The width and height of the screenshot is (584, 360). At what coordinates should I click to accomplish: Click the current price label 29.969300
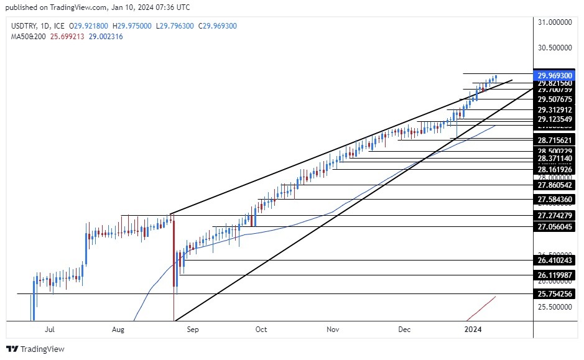click(555, 75)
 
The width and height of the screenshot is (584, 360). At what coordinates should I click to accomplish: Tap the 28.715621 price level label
click(555, 141)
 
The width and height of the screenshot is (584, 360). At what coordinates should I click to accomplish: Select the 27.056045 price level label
click(555, 227)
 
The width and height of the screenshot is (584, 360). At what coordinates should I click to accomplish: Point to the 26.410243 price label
click(555, 261)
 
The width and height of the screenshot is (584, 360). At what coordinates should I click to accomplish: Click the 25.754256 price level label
click(555, 293)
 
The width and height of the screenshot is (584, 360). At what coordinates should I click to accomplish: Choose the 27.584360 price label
click(555, 200)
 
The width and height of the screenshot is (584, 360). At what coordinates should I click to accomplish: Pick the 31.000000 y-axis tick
click(555, 22)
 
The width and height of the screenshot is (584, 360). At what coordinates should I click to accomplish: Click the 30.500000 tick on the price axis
click(555, 47)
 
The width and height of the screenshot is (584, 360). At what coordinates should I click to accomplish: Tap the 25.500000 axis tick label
click(555, 307)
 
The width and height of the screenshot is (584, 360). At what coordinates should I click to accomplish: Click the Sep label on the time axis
click(192, 330)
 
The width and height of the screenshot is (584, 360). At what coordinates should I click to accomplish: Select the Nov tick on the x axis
click(333, 330)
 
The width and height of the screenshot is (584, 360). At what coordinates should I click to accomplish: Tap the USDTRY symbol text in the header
click(24, 25)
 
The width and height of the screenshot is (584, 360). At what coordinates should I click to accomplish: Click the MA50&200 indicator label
click(28, 37)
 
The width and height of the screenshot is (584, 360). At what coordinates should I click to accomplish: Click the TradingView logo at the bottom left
click(35, 349)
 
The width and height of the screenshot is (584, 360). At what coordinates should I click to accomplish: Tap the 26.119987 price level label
click(555, 275)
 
